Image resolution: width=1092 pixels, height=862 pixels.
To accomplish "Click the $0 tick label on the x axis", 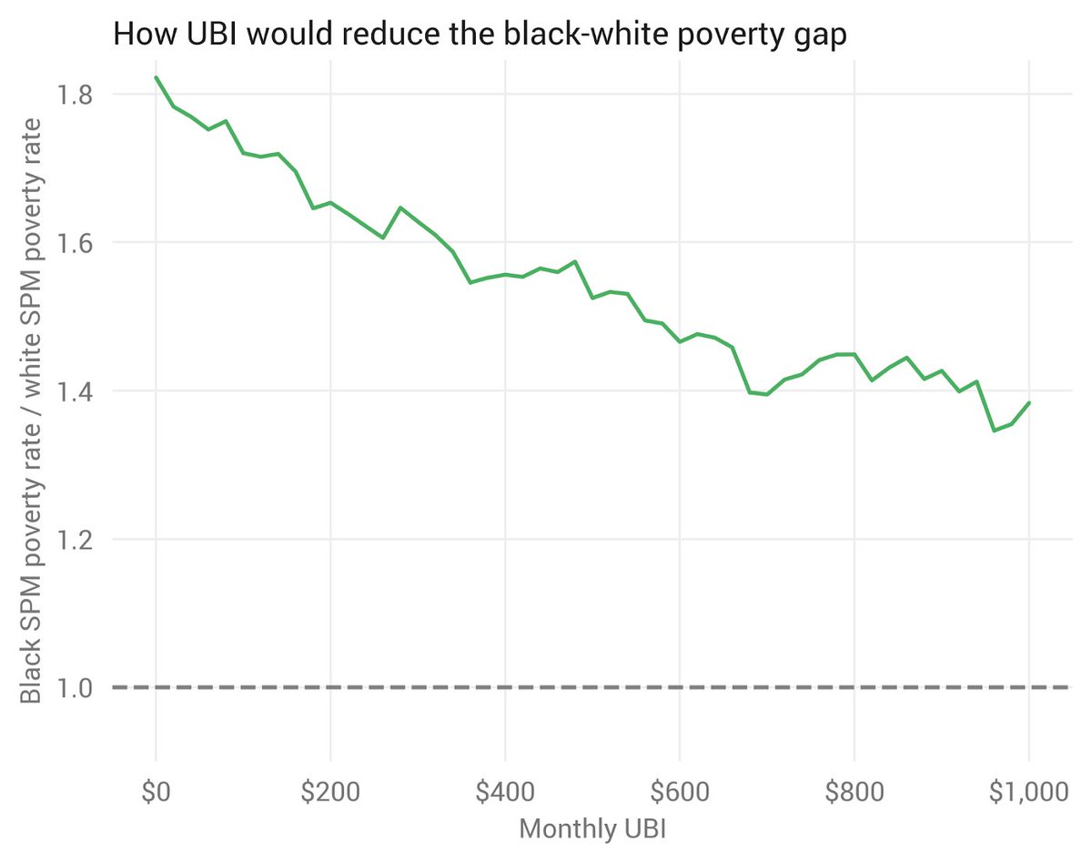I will (156, 792).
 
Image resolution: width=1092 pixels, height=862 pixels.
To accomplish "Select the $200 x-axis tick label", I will (329, 792).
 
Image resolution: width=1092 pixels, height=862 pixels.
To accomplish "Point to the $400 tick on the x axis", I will (504, 792).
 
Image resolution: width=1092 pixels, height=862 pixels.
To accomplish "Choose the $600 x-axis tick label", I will (679, 792).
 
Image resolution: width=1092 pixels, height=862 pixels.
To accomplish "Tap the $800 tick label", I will (854, 792).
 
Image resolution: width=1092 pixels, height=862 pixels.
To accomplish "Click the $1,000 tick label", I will (1027, 792).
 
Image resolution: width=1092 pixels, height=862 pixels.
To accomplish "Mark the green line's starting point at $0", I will (157, 77).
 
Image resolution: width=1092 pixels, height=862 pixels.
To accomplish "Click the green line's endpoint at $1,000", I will (1029, 402).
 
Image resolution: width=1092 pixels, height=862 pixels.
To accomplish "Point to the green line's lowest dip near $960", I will (994, 431).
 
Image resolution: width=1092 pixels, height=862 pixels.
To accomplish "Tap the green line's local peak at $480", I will (575, 261).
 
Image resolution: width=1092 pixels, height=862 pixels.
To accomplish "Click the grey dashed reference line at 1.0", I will (591, 687).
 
